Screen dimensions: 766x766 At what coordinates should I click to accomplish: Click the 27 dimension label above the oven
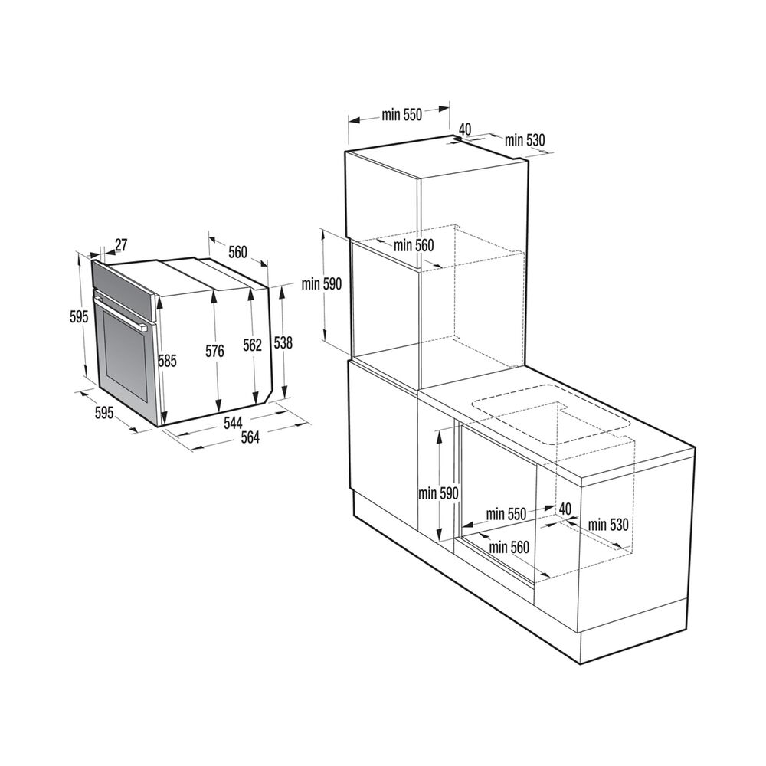(121, 245)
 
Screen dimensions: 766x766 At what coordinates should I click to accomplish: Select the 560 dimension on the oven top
(237, 252)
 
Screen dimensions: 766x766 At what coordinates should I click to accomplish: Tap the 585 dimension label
(167, 361)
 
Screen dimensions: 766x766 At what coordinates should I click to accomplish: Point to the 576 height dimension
(214, 352)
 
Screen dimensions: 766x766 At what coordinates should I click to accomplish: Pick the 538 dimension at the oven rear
(283, 344)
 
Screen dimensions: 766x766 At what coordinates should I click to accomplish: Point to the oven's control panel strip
(126, 283)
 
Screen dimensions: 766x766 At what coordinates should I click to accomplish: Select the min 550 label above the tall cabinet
(402, 116)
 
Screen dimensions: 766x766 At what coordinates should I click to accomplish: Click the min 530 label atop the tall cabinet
(525, 139)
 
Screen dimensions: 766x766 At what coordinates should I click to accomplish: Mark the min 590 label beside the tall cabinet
(321, 283)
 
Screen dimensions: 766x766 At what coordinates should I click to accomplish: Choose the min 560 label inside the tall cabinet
(414, 246)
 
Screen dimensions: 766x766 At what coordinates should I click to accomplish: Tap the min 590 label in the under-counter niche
(438, 493)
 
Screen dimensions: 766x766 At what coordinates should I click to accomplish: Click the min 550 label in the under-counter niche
(506, 515)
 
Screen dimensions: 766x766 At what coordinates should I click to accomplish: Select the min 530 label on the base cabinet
(608, 525)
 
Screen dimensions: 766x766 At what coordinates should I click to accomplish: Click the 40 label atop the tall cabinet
(466, 129)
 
